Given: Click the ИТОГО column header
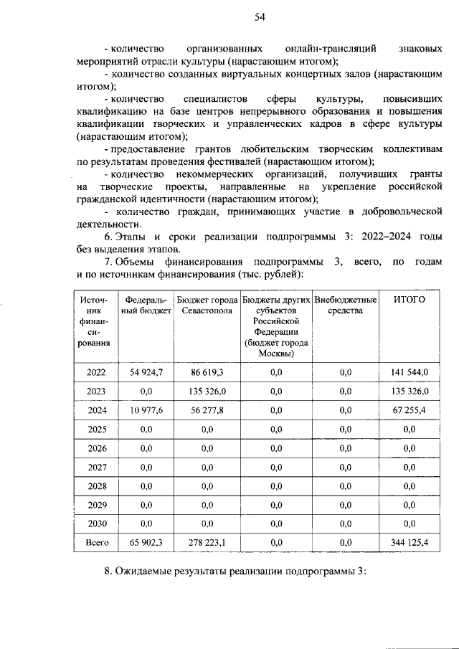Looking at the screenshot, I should point(410,299).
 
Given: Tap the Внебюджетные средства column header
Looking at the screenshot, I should point(346,305).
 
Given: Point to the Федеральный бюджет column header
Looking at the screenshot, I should point(146,305).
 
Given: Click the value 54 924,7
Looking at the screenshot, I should point(146,371).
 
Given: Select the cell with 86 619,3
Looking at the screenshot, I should point(207,371).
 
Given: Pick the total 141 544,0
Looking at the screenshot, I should point(410,371).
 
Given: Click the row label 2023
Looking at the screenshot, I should point(96,391).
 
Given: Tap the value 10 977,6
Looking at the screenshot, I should point(146,410).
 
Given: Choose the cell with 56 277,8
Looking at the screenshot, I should point(207,410).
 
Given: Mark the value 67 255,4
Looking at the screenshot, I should point(410,410).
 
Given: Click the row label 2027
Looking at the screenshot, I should point(96,468).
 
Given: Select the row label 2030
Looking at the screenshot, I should point(96,524).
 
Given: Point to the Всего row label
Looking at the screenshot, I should point(96,544).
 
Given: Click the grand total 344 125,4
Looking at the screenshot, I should point(410,544).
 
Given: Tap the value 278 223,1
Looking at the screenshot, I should point(207,544).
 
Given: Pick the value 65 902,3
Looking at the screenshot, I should point(146,544).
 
